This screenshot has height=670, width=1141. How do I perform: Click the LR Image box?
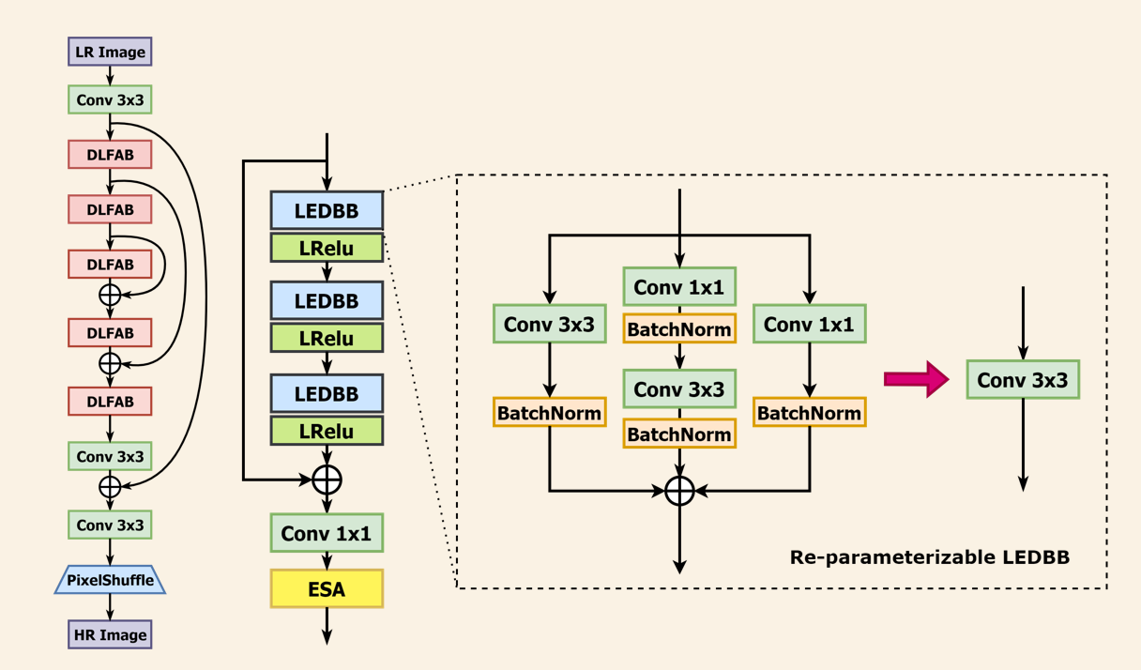tap(110, 52)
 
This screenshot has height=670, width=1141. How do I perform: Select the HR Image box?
tap(110, 634)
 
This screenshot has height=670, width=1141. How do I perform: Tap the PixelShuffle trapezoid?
tap(110, 580)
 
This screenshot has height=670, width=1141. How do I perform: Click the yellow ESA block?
tap(327, 588)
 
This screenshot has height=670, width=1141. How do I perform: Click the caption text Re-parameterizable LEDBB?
tap(930, 556)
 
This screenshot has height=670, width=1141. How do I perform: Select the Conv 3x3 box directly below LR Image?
tap(110, 99)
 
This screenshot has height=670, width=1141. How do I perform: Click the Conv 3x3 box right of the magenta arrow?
tap(1023, 380)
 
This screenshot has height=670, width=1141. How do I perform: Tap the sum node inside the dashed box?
tap(679, 490)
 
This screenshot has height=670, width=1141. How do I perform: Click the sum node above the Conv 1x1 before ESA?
tap(327, 480)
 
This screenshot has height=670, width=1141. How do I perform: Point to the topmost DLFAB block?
tap(110, 155)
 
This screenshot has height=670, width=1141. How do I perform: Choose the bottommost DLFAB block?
tap(110, 401)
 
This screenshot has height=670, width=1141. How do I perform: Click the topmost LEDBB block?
tap(327, 210)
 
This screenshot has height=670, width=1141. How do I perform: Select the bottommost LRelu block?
tap(327, 431)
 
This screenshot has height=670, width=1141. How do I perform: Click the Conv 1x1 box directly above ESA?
tap(327, 533)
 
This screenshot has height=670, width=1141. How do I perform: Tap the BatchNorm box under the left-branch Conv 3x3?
tap(549, 413)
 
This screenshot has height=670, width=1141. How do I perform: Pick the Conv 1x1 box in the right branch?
tap(809, 325)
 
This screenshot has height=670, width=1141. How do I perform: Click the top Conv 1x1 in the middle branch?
tap(679, 286)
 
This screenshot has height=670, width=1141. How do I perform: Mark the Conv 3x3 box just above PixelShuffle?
tap(110, 525)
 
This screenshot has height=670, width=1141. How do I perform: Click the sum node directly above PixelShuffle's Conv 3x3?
tap(110, 486)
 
